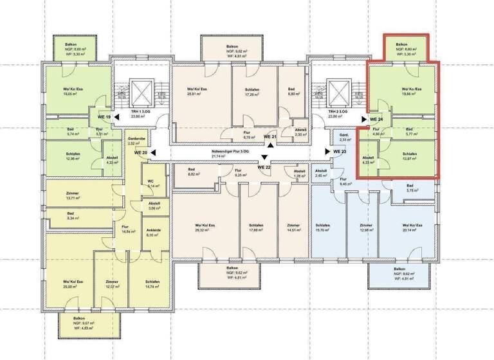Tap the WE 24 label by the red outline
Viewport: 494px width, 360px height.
pos(376,120)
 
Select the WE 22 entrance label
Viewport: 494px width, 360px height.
pos(264,167)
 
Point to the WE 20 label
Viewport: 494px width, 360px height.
pos(141,153)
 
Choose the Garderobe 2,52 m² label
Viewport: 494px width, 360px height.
pos(135,141)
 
